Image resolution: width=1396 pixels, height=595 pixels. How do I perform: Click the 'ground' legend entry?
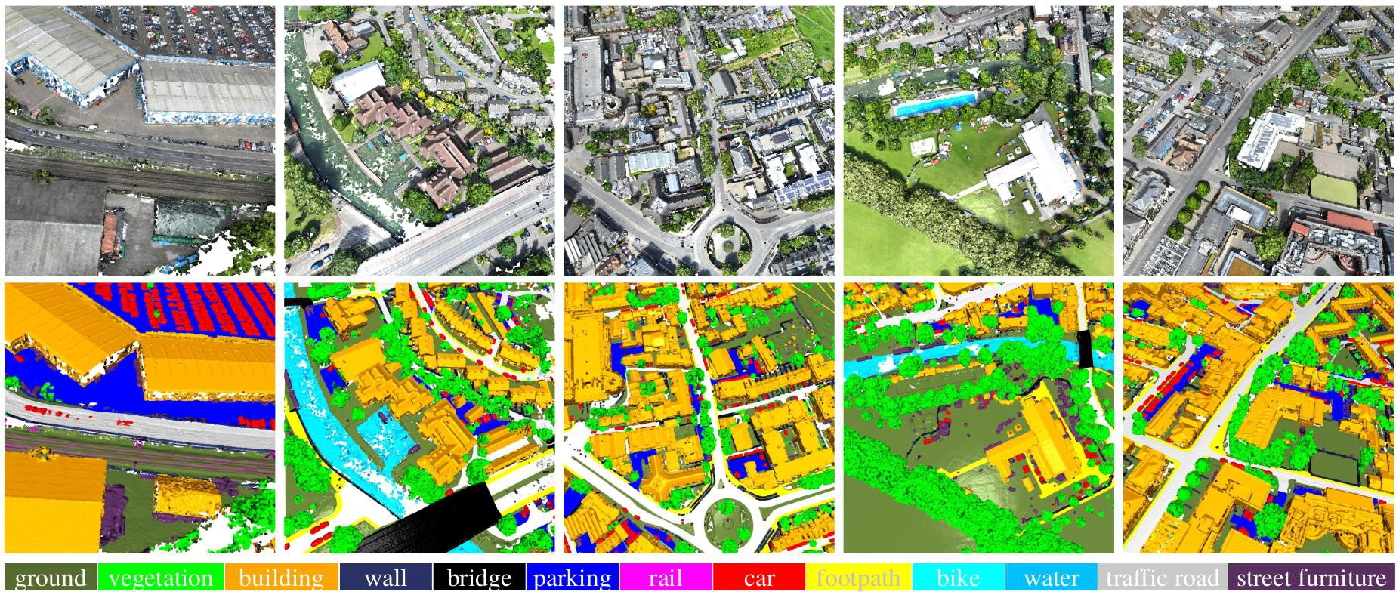50,578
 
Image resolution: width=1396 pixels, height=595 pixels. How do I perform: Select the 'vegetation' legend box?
160,578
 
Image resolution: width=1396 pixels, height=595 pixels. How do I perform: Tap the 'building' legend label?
281,578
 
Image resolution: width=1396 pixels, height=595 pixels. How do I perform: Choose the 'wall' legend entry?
385,578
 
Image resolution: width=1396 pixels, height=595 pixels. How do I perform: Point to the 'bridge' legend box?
479,578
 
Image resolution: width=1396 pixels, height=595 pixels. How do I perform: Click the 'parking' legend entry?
572,578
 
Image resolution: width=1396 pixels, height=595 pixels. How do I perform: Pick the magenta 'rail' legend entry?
666,578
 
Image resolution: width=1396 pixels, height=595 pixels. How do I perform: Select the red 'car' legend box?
759,578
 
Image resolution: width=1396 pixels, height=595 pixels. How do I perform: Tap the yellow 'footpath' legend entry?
858,578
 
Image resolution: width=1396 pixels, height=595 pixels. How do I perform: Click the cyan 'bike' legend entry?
958,578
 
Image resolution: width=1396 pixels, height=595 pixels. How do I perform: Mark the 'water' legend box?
1052,578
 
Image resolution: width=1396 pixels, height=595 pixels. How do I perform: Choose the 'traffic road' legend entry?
1163,578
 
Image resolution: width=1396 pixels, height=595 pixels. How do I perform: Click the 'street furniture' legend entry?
1311,578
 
